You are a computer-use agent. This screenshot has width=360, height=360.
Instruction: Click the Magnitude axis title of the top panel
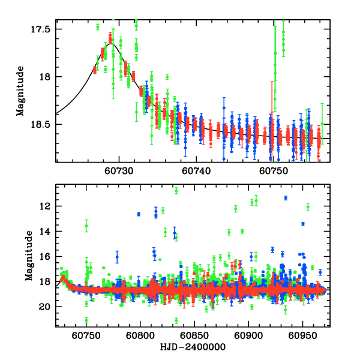coord(20,91)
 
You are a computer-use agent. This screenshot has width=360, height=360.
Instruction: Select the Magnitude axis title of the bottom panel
coord(28,257)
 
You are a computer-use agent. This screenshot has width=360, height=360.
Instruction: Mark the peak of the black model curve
coord(110,43)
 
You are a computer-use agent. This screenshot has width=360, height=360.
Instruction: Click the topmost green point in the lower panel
coord(176,190)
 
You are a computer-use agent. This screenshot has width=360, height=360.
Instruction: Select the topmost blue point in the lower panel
coord(286,198)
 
